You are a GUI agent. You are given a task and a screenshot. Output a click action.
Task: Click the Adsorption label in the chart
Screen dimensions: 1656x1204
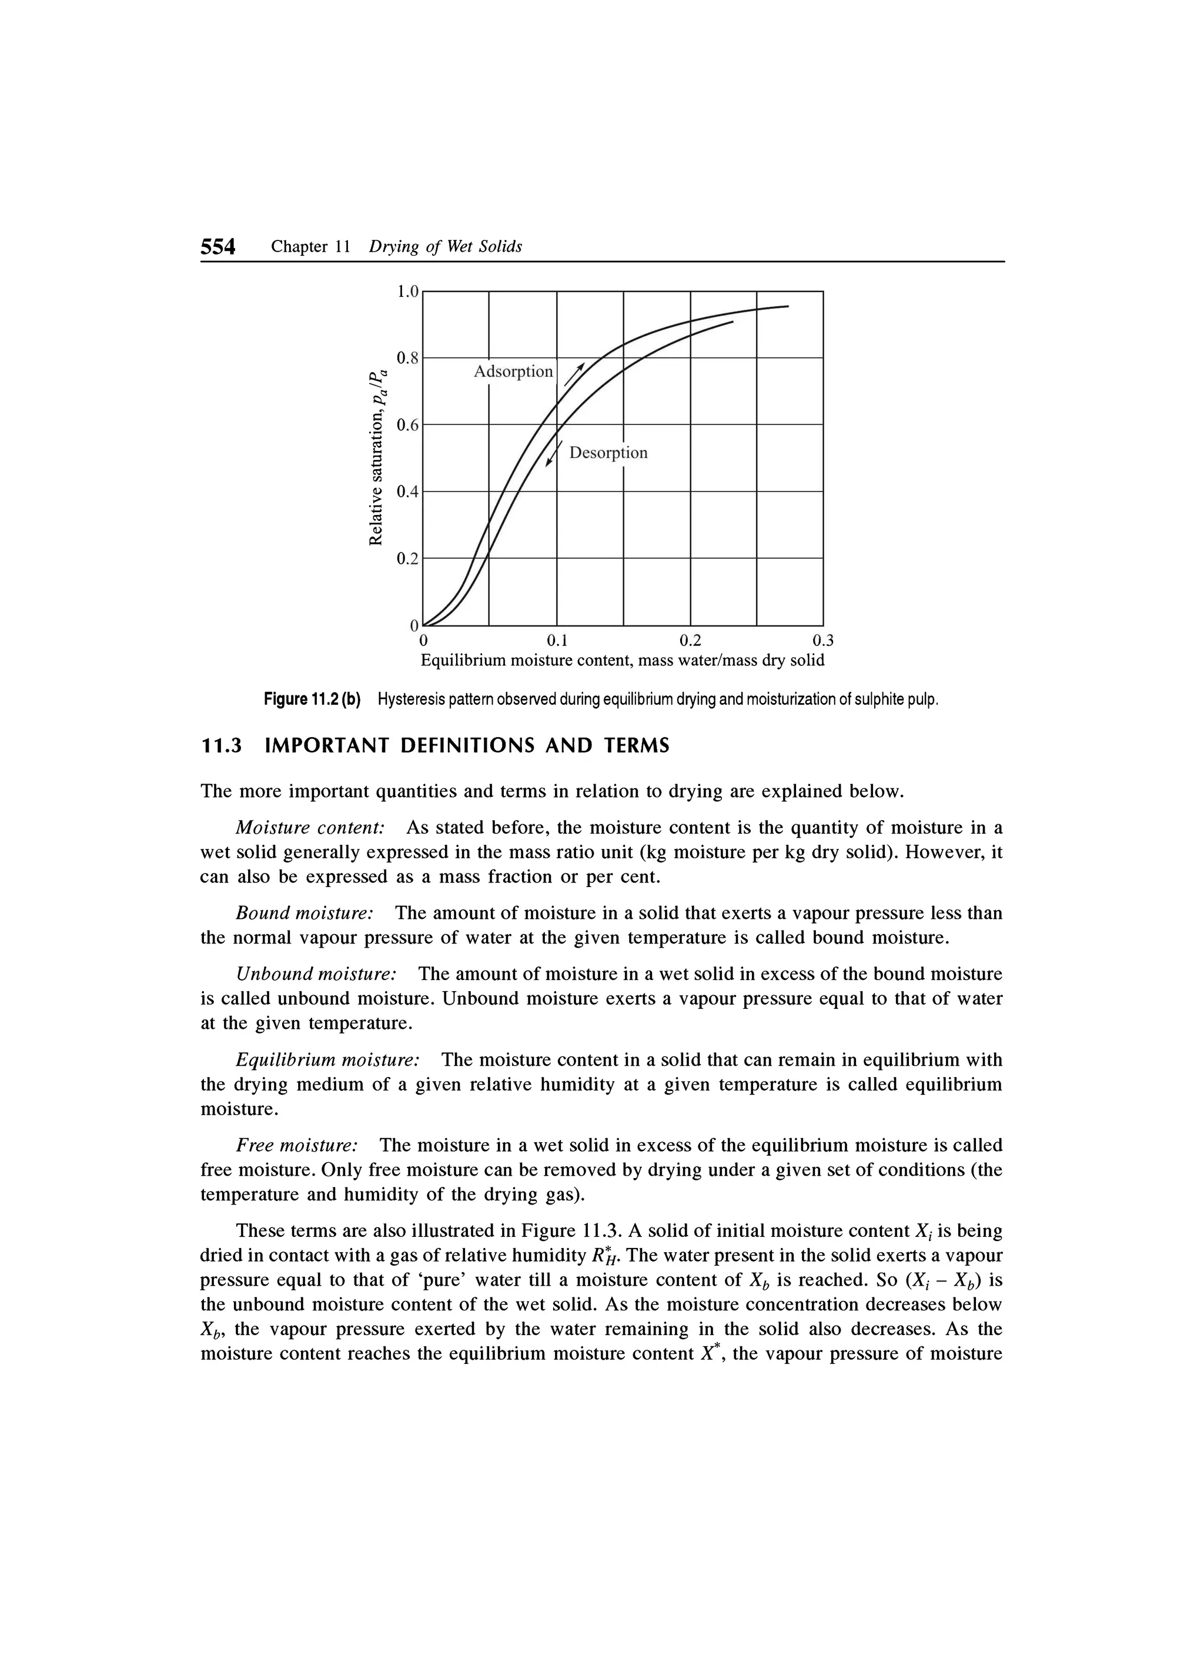(x=513, y=372)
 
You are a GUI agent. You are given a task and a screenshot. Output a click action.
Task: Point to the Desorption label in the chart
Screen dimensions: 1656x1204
(x=608, y=453)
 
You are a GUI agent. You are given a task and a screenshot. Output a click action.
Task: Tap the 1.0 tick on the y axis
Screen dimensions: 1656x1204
(x=407, y=292)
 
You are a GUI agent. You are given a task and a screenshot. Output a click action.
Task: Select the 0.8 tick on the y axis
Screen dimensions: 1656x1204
(x=407, y=358)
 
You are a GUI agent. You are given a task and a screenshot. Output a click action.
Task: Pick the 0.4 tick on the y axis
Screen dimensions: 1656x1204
(x=407, y=491)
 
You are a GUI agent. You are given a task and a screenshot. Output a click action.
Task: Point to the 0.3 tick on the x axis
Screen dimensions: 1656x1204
(x=823, y=641)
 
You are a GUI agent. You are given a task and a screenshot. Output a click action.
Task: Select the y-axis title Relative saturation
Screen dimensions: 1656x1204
(x=377, y=459)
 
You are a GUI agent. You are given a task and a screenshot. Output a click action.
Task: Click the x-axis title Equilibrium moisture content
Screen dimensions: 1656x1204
(x=622, y=661)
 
